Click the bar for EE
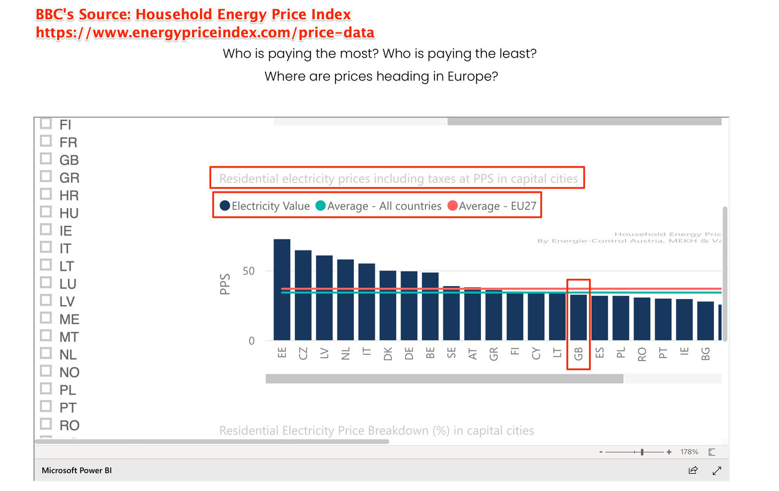point(282,290)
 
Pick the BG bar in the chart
point(705,321)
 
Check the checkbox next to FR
point(45,141)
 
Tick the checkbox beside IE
point(45,230)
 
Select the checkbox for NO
point(45,371)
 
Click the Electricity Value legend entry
point(264,206)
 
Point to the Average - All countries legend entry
point(378,206)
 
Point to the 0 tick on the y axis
point(251,341)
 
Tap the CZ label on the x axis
point(303,354)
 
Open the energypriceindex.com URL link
point(205,33)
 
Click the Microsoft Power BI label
point(77,471)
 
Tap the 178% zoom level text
point(689,452)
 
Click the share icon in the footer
point(693,471)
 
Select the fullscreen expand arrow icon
point(716,471)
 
